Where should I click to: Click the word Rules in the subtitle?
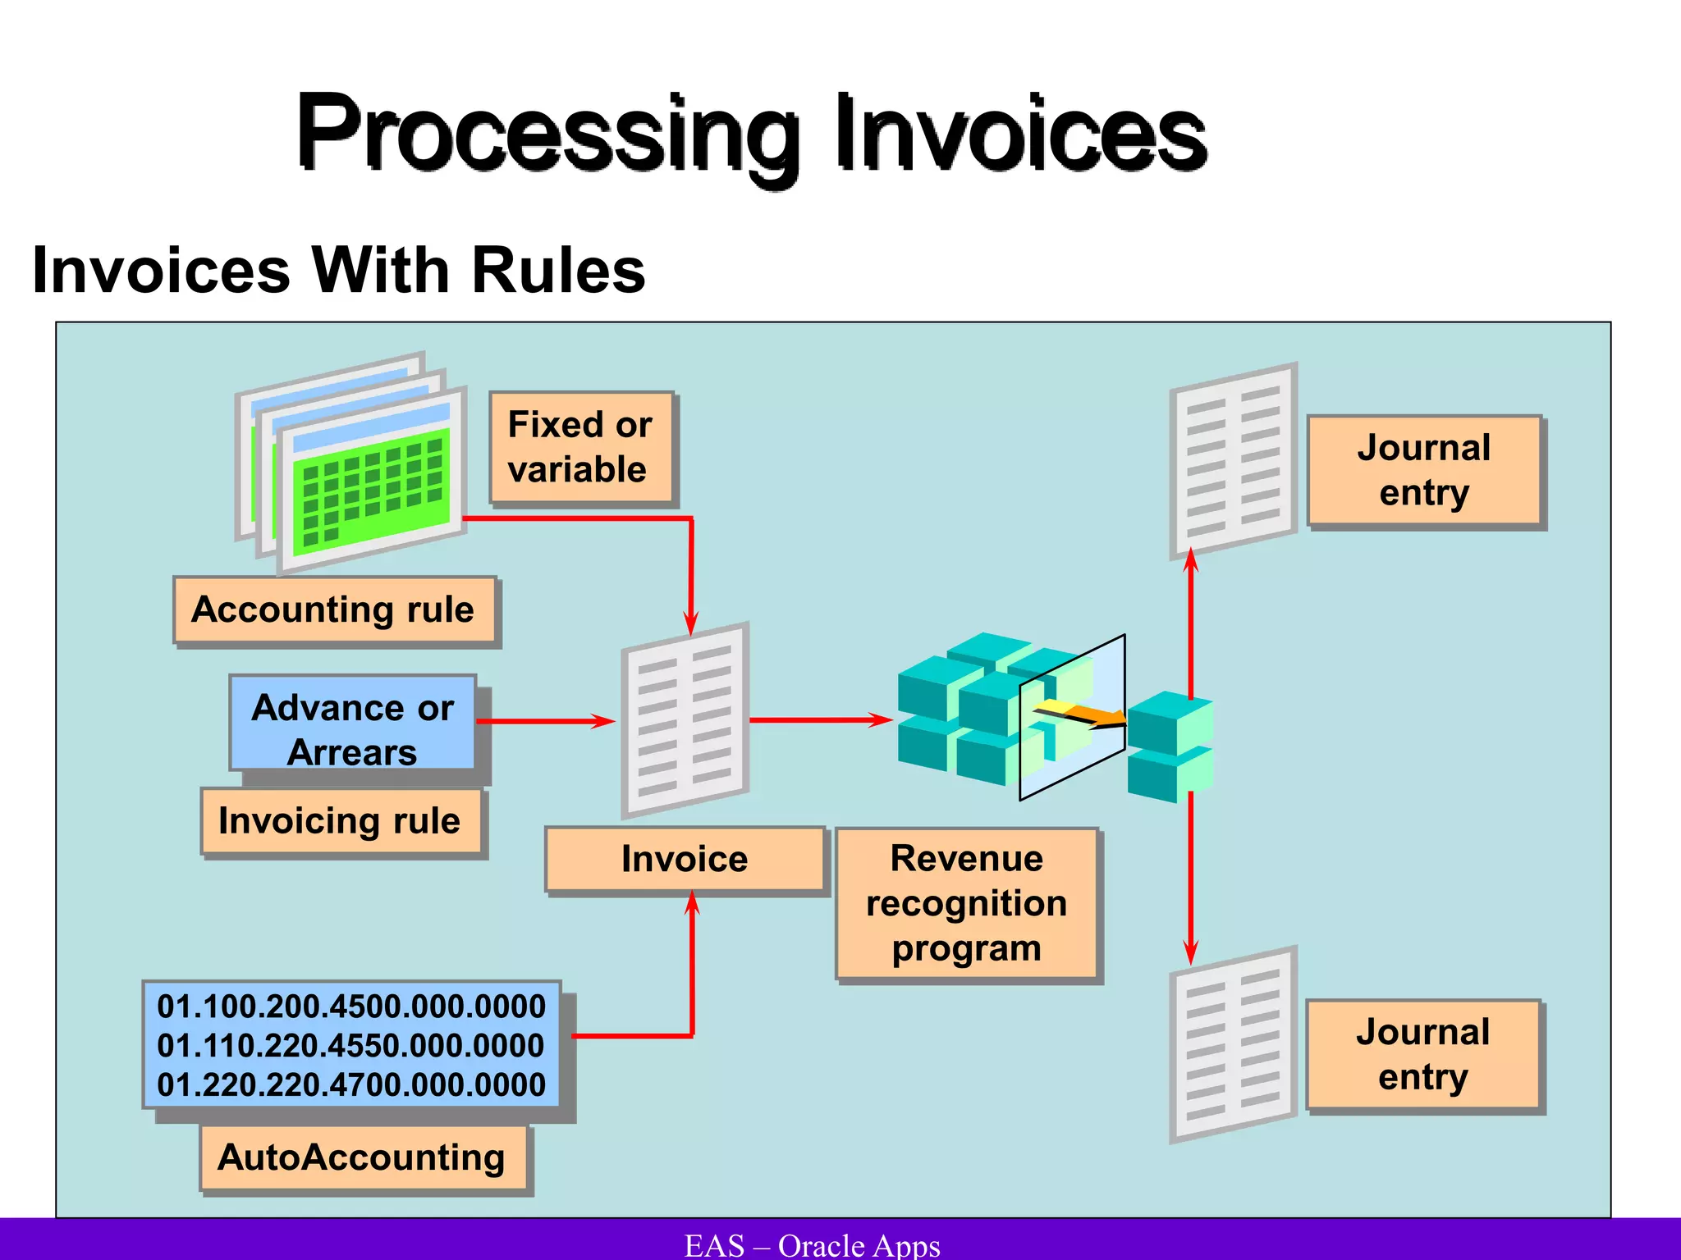558,271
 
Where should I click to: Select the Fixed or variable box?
581,447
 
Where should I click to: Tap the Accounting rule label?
334,610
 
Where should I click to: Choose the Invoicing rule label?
341,821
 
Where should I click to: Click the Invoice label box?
685,859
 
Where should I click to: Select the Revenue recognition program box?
967,903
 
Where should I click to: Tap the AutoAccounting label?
362,1157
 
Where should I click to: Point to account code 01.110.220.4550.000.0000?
350,1046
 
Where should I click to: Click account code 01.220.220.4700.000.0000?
350,1085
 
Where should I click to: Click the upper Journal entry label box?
1424,470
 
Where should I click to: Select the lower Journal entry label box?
1424,1054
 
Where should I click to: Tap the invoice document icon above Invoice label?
685,719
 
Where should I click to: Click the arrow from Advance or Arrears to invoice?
546,721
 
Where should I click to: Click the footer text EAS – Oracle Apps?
813,1245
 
